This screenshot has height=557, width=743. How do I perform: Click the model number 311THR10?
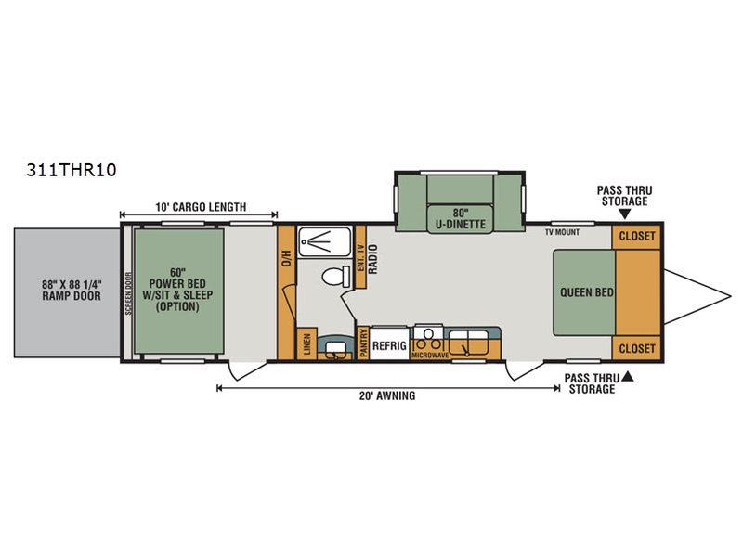(x=72, y=170)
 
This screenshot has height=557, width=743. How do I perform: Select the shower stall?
(x=324, y=241)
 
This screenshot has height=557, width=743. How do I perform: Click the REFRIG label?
(x=389, y=345)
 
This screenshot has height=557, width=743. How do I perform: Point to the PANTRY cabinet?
(x=363, y=343)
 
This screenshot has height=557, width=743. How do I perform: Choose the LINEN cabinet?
(x=306, y=343)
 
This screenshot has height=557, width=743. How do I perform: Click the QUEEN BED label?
(x=587, y=292)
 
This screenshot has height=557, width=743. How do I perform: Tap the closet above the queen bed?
(x=636, y=237)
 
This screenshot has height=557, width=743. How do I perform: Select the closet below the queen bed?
(x=636, y=349)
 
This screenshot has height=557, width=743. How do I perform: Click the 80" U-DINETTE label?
(x=460, y=218)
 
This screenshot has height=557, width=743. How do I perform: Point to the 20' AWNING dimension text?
(x=387, y=396)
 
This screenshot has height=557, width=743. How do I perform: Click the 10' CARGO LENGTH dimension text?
(x=201, y=207)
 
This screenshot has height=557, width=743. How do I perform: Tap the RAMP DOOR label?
(x=72, y=296)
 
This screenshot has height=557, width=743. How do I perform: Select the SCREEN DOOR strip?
(x=128, y=293)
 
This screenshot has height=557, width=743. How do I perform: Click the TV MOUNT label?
(x=562, y=232)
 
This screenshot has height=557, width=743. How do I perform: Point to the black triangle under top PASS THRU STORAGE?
(x=625, y=214)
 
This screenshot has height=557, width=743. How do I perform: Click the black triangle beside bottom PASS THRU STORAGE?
(x=628, y=377)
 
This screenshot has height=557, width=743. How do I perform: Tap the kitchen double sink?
(x=468, y=343)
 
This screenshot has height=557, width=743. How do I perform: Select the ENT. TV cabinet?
(x=360, y=257)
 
